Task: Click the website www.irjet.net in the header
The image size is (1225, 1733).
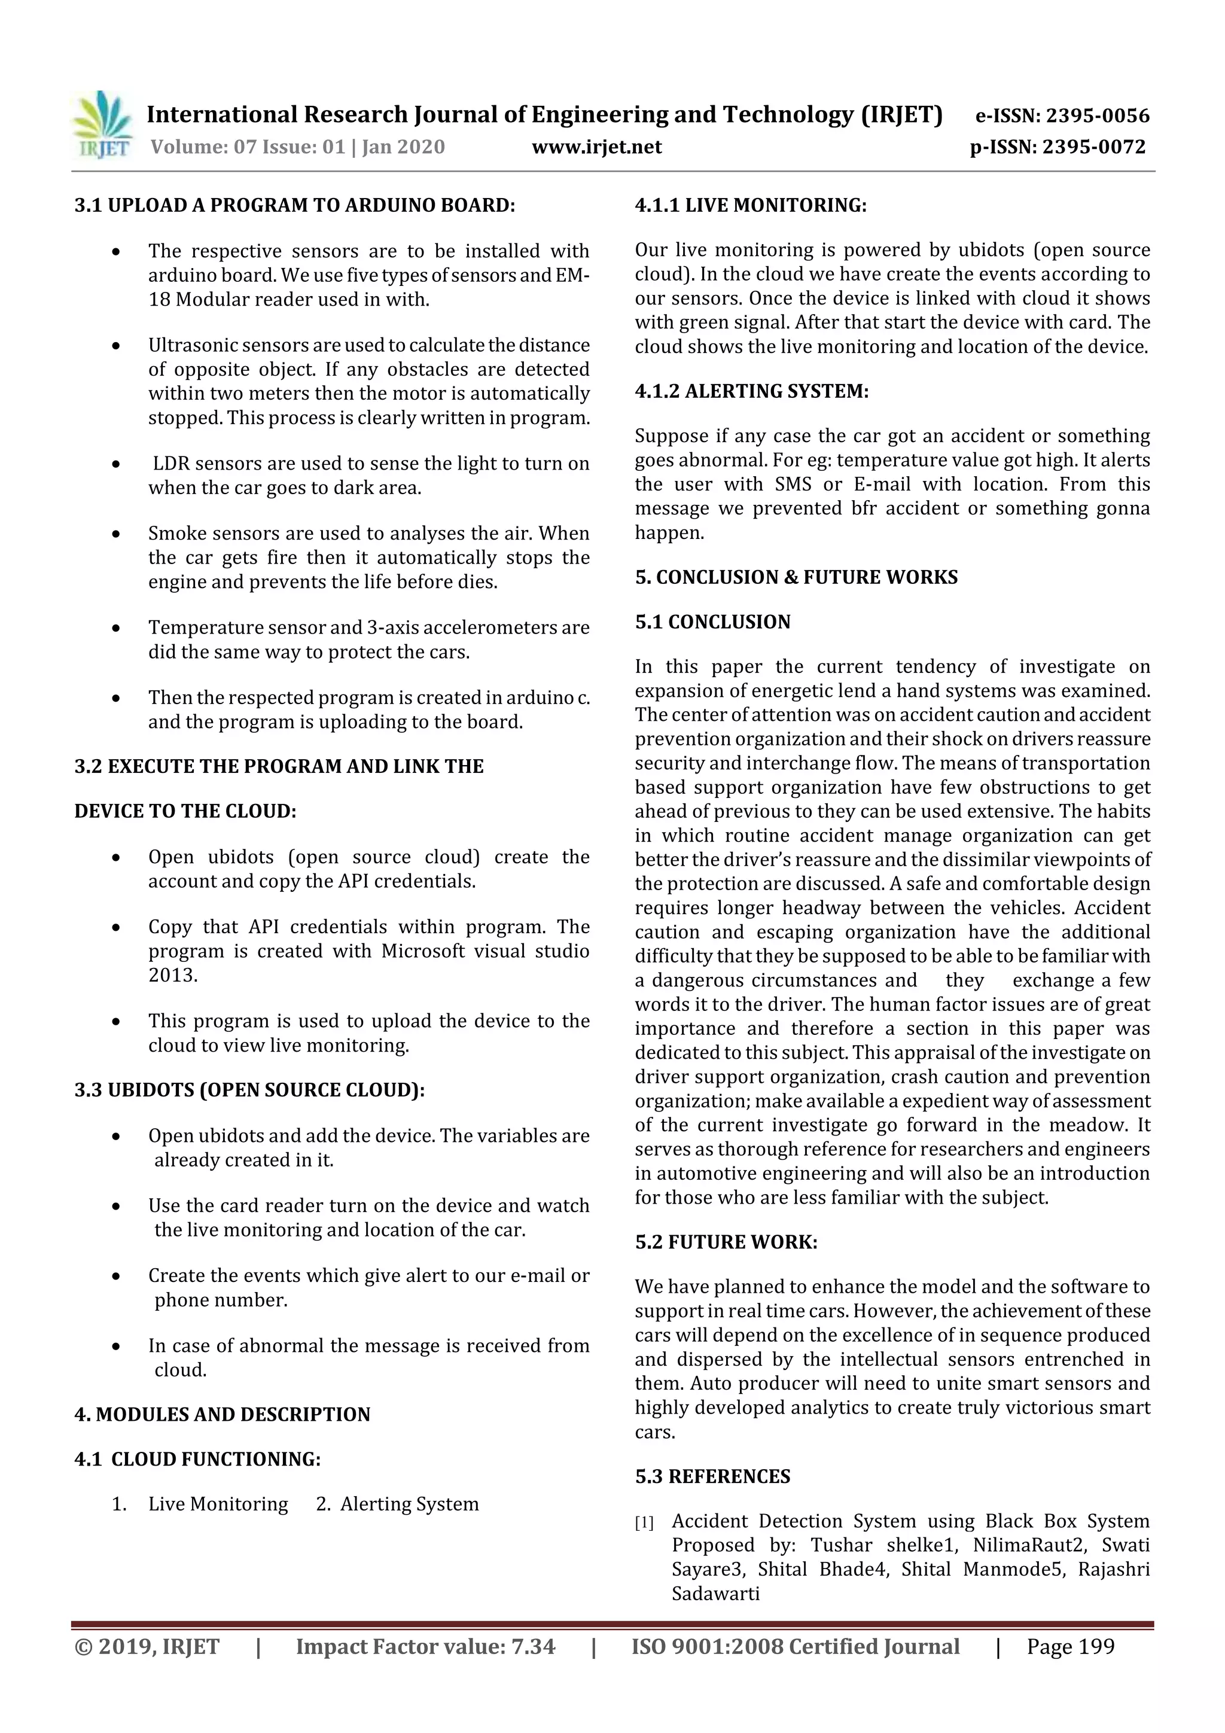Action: (x=596, y=147)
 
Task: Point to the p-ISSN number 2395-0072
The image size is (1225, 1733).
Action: (x=1093, y=147)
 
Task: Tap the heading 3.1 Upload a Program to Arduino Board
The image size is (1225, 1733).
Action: (x=294, y=205)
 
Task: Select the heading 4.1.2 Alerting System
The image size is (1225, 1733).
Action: (x=751, y=391)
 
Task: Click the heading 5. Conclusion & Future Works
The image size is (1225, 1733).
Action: (x=796, y=577)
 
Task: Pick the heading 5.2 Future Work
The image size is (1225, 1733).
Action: (x=726, y=1242)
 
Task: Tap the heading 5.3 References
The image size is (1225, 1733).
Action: (x=712, y=1477)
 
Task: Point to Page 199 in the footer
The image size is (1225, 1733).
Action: (x=1069, y=1647)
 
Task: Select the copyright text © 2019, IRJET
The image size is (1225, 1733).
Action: (x=147, y=1647)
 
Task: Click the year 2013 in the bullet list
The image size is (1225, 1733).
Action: (x=172, y=975)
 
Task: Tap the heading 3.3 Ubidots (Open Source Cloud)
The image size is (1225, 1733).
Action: (x=249, y=1091)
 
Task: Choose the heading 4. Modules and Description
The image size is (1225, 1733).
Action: (x=222, y=1415)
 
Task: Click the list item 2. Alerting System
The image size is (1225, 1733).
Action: (x=397, y=1504)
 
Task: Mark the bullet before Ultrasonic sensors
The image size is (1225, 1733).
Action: (x=115, y=346)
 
